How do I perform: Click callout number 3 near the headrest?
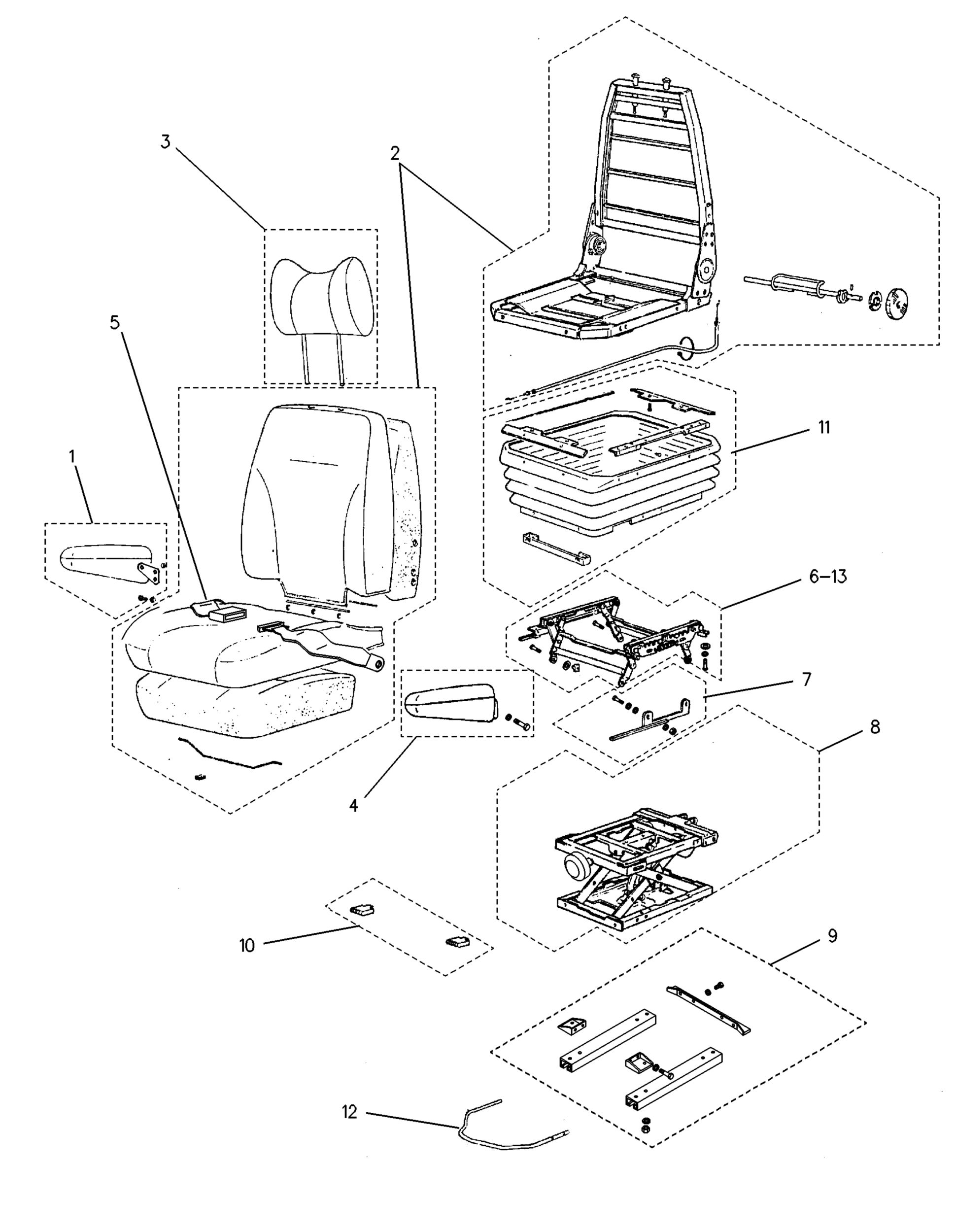pyautogui.click(x=165, y=141)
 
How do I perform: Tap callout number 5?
pyautogui.click(x=115, y=323)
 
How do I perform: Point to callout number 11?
pyautogui.click(x=824, y=428)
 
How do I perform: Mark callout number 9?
pyautogui.click(x=832, y=936)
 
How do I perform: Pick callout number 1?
pyautogui.click(x=72, y=456)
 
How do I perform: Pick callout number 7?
pyautogui.click(x=807, y=679)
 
